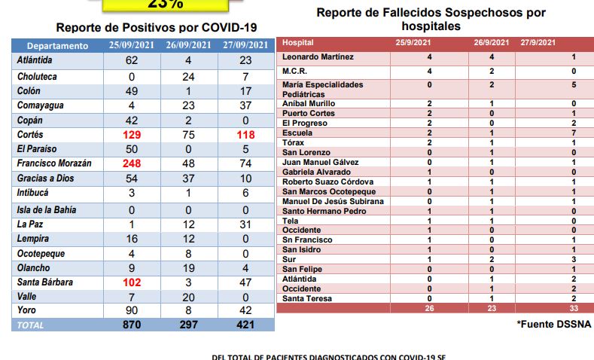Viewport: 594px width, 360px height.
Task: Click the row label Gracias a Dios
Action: coord(45,177)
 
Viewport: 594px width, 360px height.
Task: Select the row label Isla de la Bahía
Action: coord(47,209)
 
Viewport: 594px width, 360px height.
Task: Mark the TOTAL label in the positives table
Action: coord(31,325)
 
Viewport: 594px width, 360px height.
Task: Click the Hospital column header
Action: coord(300,43)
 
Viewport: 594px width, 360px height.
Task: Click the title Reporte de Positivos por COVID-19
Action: coord(142,26)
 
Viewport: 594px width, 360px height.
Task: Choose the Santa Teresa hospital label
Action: coord(308,298)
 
